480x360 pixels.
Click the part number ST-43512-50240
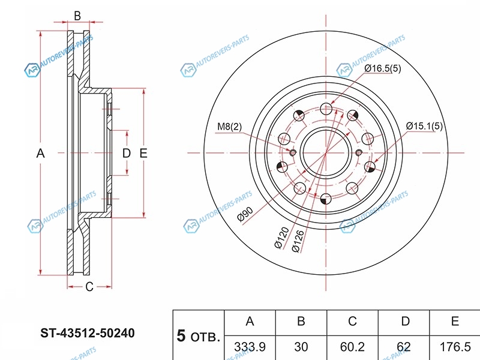[x=87, y=331]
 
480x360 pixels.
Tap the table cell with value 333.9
[x=250, y=347]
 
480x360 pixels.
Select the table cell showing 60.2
[x=353, y=347]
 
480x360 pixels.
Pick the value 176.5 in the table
[x=455, y=347]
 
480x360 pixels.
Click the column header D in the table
[x=405, y=322]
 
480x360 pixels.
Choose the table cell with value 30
[x=301, y=347]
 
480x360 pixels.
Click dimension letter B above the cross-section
[x=77, y=15]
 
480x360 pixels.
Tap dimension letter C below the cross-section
[x=89, y=286]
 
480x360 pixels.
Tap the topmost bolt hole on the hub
[x=325, y=109]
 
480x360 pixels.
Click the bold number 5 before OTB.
[x=181, y=335]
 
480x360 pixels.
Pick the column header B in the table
[x=301, y=322]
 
